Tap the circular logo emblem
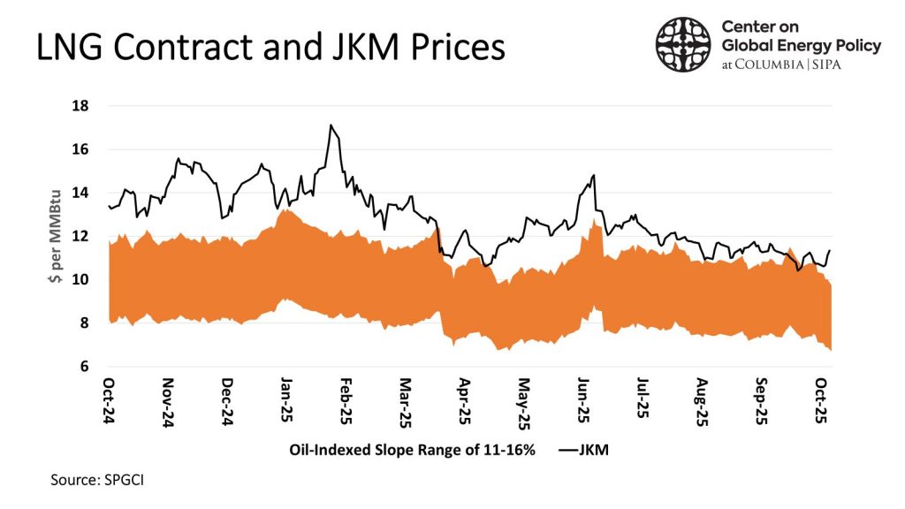(683, 45)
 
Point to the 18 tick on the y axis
(86, 106)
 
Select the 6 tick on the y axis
(88, 367)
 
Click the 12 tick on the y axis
(86, 236)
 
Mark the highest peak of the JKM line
(330, 125)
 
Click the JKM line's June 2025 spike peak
(593, 176)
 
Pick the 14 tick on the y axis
(86, 193)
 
